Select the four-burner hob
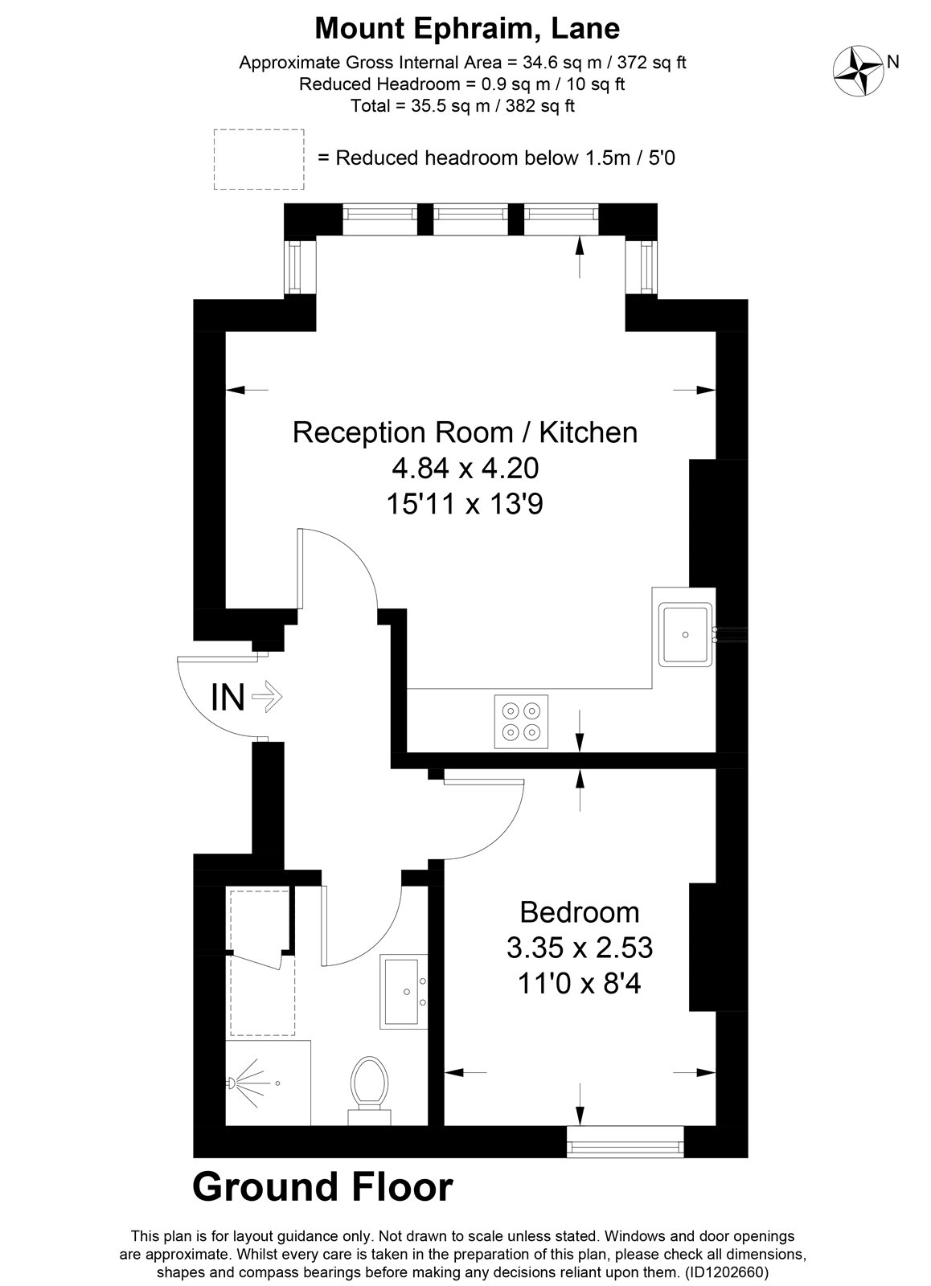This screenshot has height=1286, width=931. click(520, 721)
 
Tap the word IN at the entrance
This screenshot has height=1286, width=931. click(228, 697)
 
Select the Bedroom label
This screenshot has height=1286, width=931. click(580, 912)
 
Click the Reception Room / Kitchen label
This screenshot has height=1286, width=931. click(465, 432)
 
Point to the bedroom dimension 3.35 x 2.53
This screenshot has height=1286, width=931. click(579, 948)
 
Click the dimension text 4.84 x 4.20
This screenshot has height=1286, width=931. click(465, 468)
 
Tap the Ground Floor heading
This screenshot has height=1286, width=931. click(322, 1187)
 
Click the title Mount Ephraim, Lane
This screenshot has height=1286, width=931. click(467, 29)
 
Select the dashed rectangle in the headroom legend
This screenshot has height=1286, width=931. click(259, 159)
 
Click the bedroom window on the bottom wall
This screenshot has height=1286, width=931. click(625, 1141)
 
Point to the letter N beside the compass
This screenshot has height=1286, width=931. click(892, 61)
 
